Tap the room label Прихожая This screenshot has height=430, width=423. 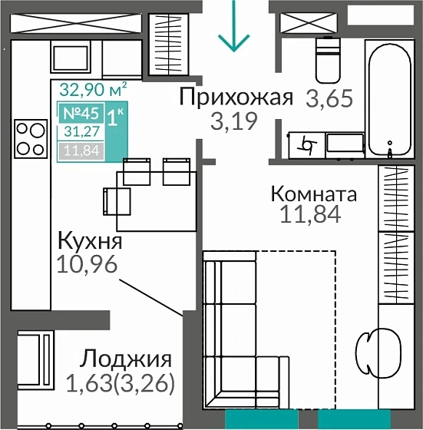coord(236,97)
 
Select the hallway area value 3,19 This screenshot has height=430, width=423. coord(233,120)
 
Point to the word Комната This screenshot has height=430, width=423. coord(313,194)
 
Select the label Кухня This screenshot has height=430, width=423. coord(90,242)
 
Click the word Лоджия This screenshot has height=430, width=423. coord(126,359)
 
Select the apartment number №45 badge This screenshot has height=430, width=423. coord(81,111)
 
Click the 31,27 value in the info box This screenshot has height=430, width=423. coord(81,131)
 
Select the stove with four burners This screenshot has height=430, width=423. coord(31,139)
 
